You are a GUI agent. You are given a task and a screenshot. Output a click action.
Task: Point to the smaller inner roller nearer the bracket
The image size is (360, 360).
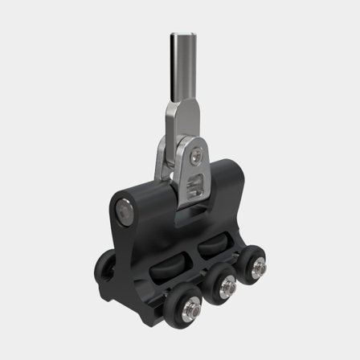211,243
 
